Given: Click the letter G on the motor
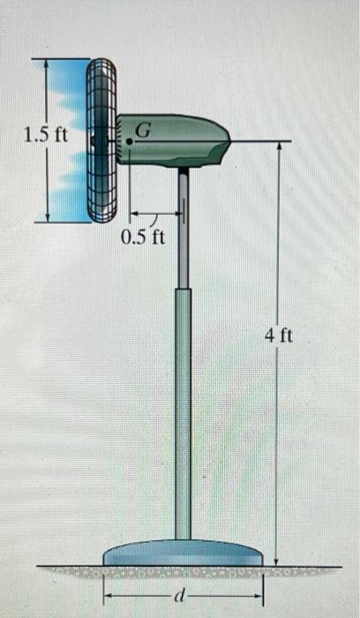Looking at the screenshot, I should tap(144, 130).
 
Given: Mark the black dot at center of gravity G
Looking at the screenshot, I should tap(130, 140).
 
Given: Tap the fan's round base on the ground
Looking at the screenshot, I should tap(183, 554).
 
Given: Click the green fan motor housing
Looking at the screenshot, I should tap(176, 141).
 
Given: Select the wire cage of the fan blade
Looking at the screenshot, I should tap(101, 140).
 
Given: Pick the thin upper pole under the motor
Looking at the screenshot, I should tap(183, 230).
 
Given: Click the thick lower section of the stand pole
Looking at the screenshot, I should tap(183, 415).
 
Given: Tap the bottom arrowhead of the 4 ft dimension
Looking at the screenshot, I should tap(279, 561).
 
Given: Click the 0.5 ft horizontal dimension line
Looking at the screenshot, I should tap(157, 213).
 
